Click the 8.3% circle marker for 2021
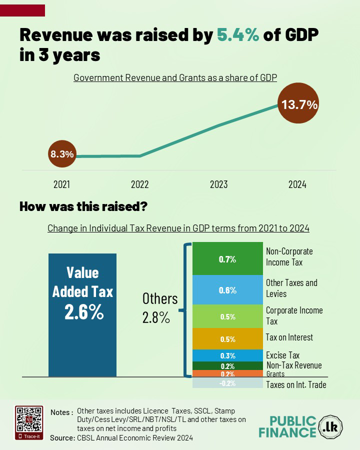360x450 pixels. tap(62, 154)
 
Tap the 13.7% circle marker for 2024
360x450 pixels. tap(299, 105)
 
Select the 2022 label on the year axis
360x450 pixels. tap(140, 184)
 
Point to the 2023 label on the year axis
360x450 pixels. tap(219, 184)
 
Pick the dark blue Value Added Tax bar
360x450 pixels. tap(82, 314)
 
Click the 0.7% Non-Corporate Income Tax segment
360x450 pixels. tap(227, 259)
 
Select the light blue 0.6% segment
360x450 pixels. tap(227, 290)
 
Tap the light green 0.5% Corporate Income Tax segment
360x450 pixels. tap(227, 316)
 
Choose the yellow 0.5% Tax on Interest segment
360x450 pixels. tap(227, 339)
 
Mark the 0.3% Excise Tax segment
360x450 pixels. tap(227, 355)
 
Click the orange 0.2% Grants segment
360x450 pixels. tap(227, 373)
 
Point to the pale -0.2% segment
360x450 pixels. tap(227, 383)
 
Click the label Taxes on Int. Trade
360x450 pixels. tap(296, 384)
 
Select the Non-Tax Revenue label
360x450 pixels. tap(294, 365)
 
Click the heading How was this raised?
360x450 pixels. tap(83, 206)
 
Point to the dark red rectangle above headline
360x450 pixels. tap(22, 10)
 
